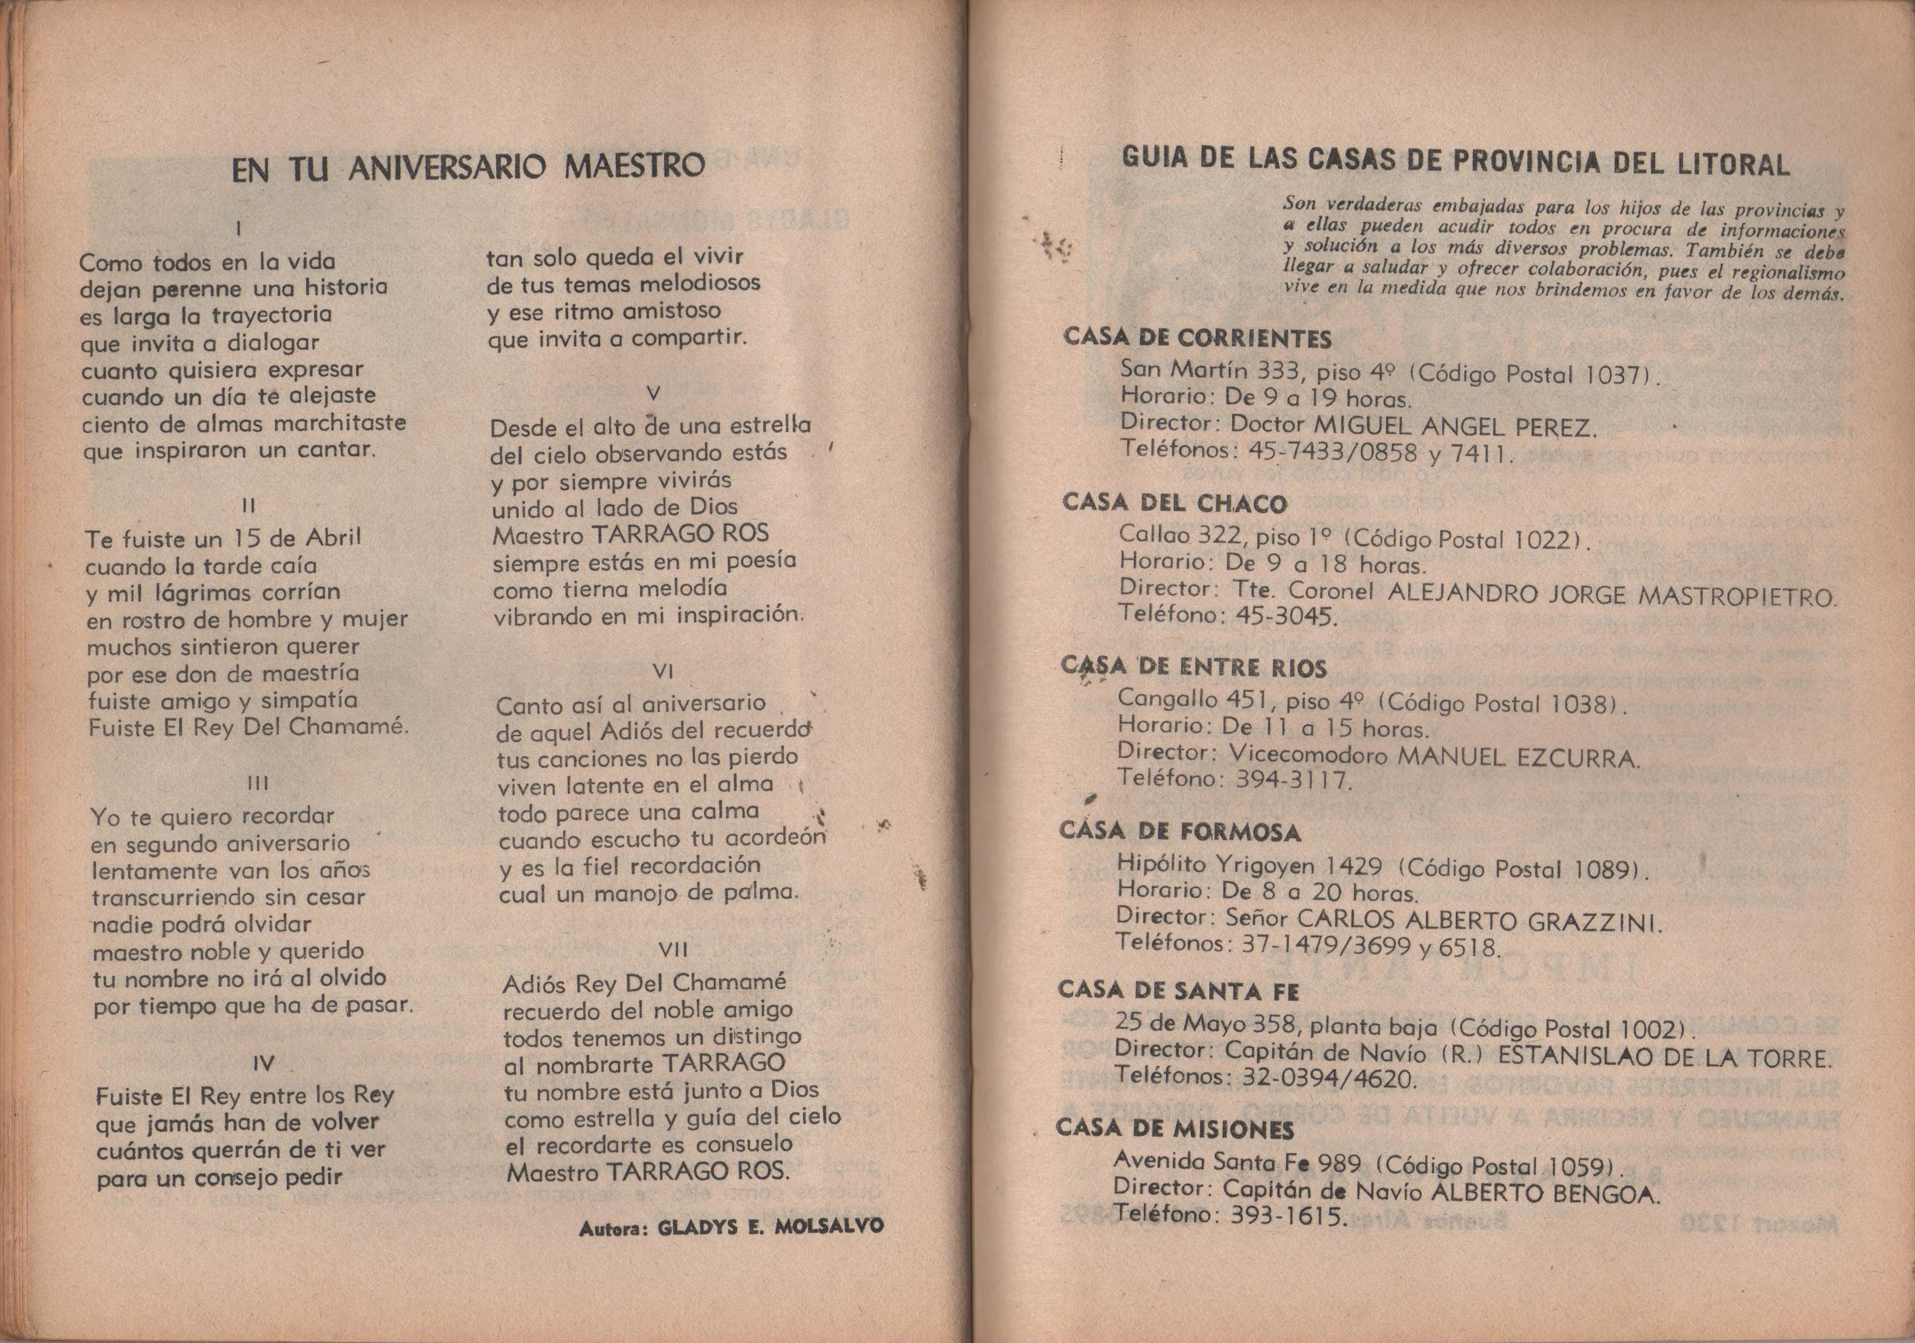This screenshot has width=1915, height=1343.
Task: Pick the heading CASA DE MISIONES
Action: pos(1174,1130)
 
